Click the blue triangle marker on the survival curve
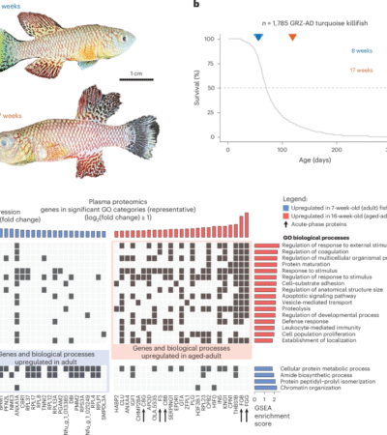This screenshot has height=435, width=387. point(257,37)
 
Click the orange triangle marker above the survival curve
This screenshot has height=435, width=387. point(293,37)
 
